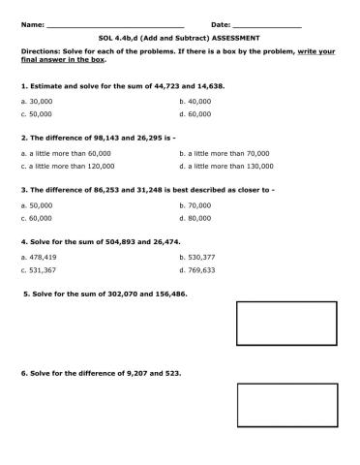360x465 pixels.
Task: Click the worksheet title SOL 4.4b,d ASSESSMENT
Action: pyautogui.click(x=180, y=38)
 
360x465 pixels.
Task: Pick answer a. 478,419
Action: pyautogui.click(x=39, y=257)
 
